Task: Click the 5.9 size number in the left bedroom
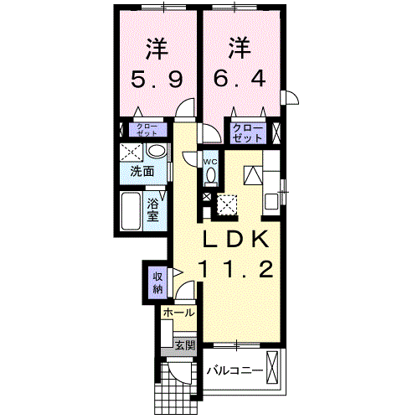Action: point(157,79)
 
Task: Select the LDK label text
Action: point(236,239)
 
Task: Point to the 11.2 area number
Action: point(236,269)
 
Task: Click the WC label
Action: point(210,162)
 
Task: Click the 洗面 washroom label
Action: point(142,171)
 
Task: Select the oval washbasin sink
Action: point(157,151)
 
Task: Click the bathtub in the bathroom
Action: point(131,211)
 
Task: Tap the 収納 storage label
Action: point(158,283)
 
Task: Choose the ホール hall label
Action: point(179,313)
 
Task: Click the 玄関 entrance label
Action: point(185,346)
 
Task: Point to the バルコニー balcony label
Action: point(235,370)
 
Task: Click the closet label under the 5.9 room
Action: point(147,130)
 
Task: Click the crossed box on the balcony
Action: point(272,368)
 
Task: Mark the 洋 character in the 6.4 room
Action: point(240,48)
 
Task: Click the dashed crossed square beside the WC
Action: point(227,205)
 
